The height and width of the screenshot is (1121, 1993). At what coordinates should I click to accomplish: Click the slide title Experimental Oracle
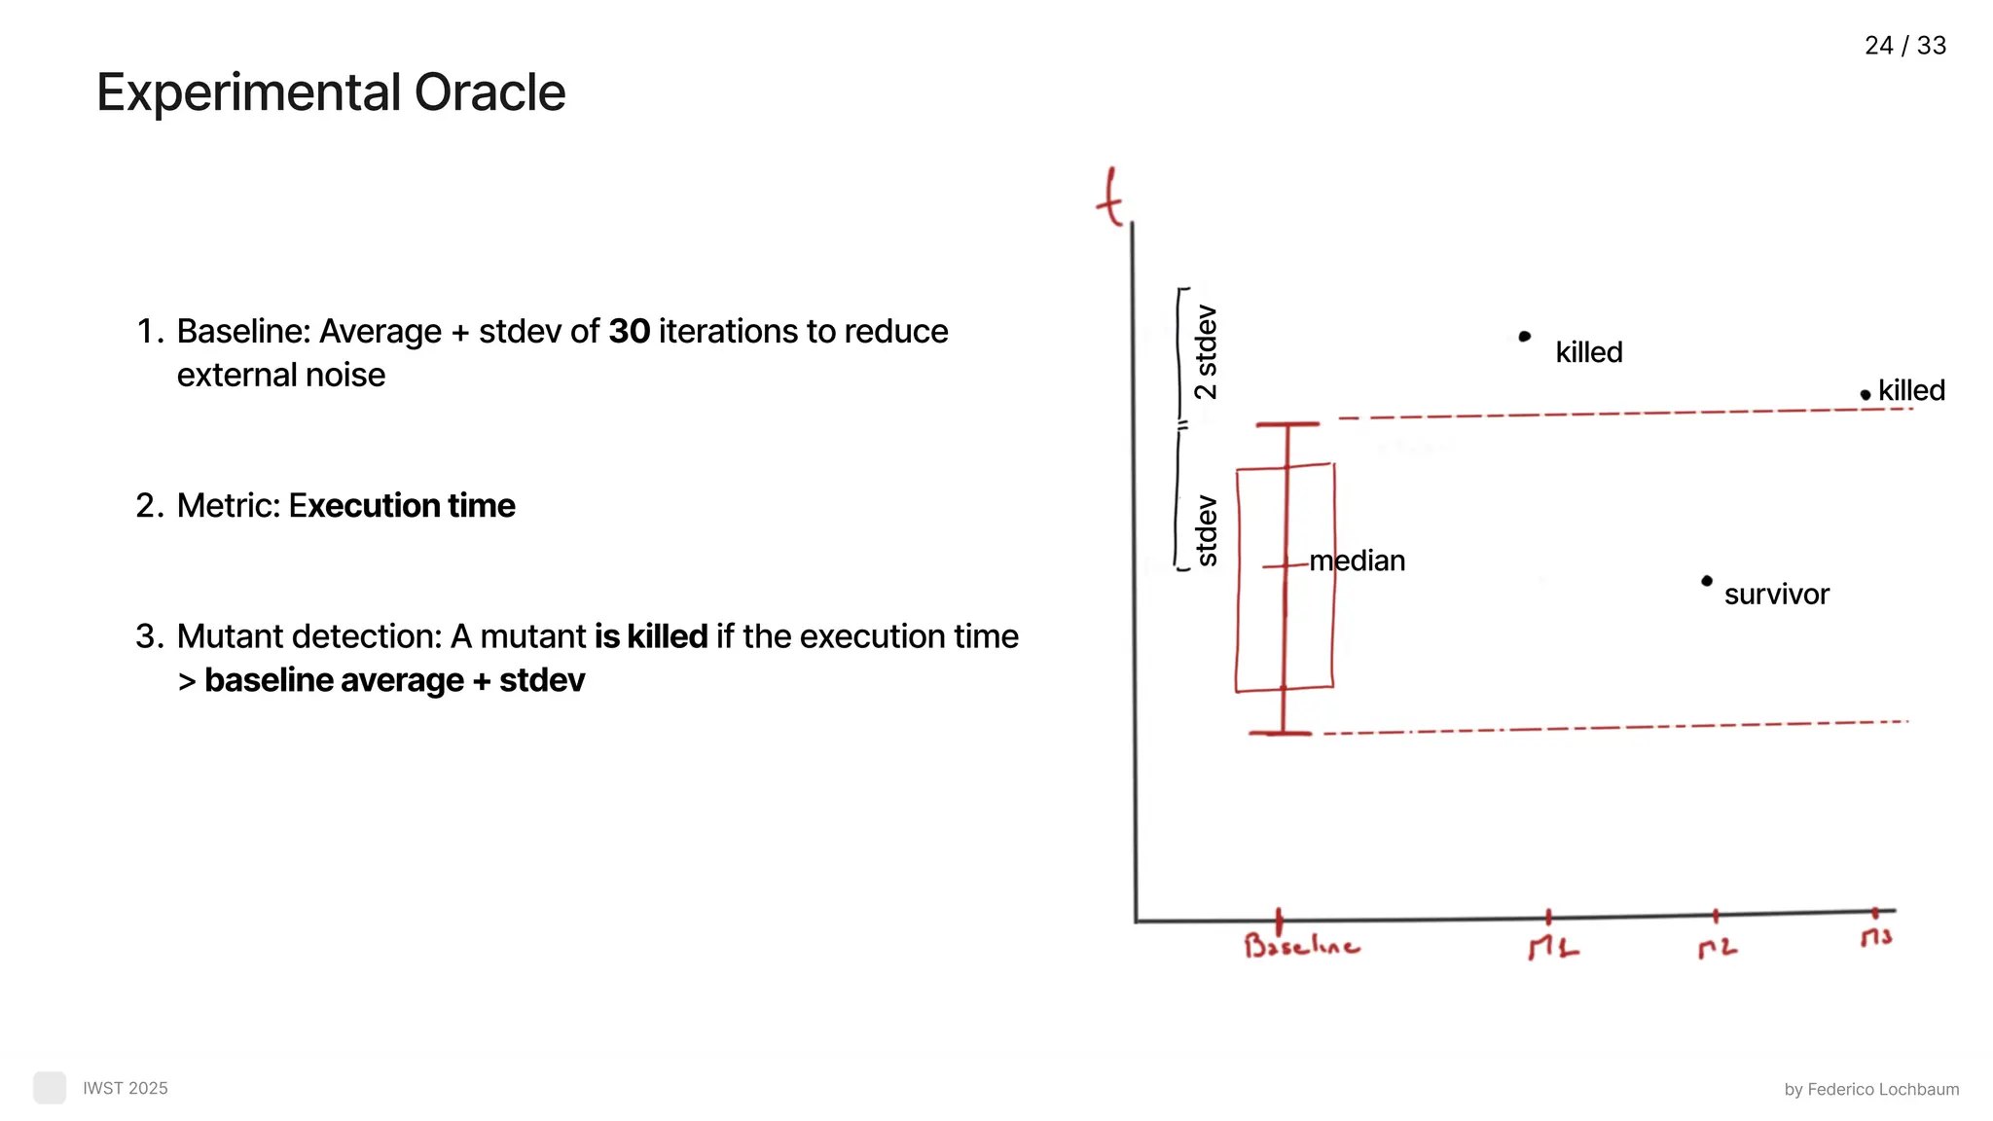click(x=331, y=93)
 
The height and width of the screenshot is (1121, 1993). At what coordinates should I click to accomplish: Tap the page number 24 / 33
click(x=1904, y=46)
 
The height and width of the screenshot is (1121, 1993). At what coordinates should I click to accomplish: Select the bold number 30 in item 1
click(x=629, y=332)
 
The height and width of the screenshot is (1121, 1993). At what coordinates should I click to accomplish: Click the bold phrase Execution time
click(x=402, y=506)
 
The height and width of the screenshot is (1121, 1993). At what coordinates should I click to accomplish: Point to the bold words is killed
click(x=651, y=636)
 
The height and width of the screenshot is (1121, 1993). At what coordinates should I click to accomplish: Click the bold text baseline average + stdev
click(x=394, y=680)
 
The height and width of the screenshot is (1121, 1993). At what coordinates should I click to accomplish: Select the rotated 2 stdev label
click(x=1206, y=352)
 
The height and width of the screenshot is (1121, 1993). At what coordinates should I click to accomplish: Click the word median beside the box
click(x=1358, y=561)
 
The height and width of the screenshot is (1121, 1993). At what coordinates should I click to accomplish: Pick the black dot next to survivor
click(x=1706, y=581)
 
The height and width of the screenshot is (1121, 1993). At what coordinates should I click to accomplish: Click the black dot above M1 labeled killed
click(x=1525, y=337)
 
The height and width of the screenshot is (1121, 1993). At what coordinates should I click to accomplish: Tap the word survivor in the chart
click(x=1776, y=595)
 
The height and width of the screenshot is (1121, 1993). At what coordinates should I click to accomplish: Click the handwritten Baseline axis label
click(x=1301, y=946)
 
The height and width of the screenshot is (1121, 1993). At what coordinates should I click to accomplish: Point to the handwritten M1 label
click(x=1552, y=948)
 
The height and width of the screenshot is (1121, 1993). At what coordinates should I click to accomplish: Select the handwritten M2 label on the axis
click(x=1717, y=948)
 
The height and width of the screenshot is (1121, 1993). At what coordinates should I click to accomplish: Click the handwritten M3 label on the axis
click(x=1876, y=937)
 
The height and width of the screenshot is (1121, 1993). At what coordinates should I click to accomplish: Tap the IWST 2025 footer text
click(x=126, y=1088)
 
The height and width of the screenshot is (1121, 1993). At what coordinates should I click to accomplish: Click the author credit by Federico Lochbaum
click(x=1871, y=1090)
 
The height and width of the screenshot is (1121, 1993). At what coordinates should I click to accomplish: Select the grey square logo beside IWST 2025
click(x=50, y=1088)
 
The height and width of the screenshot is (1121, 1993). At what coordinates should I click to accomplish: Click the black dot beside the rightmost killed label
click(x=1865, y=395)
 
